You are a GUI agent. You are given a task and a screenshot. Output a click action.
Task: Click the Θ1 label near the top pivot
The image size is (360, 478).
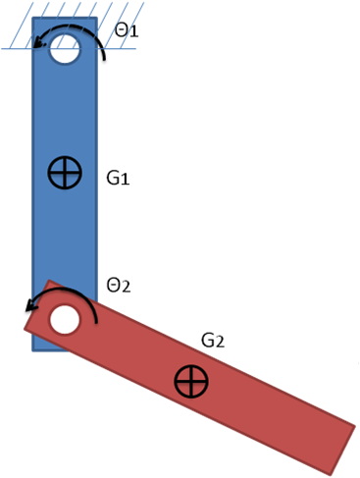point(127,31)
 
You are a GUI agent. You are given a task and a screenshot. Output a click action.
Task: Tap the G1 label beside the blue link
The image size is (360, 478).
point(118,179)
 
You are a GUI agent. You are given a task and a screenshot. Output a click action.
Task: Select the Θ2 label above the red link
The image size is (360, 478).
point(118,286)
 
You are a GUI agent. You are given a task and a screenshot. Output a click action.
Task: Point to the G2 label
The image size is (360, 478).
point(213,341)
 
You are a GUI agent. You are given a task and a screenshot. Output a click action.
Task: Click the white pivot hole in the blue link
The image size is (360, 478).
point(65,47)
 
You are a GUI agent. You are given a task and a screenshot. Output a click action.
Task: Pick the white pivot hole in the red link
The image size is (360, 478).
point(65,319)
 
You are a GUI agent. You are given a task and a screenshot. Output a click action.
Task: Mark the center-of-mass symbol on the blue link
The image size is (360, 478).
point(65,174)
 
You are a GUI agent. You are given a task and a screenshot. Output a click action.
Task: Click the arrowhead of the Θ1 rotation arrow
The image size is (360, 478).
point(36,41)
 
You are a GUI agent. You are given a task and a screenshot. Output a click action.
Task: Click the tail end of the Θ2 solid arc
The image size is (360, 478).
point(95,324)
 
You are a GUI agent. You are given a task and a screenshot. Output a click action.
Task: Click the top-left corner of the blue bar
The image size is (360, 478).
point(32,18)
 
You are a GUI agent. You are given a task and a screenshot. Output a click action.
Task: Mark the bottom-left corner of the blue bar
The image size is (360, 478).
point(33,349)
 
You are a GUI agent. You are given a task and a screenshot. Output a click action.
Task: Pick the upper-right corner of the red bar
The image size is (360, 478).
point(353,425)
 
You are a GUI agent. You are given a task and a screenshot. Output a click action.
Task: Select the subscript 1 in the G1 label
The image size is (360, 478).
point(125,181)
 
